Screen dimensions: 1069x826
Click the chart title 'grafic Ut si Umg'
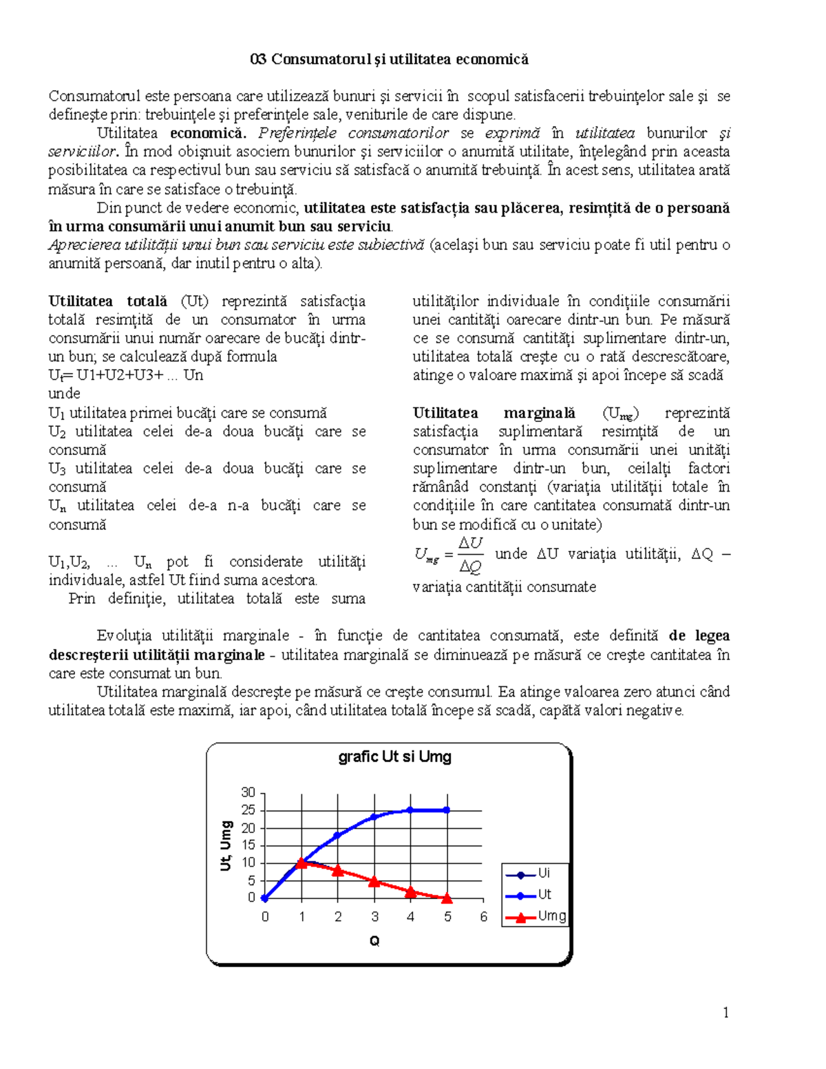click(x=394, y=756)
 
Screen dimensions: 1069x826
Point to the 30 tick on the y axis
click(x=248, y=792)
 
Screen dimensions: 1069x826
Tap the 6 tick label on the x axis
click(x=483, y=916)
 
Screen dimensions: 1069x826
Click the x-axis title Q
click(x=374, y=941)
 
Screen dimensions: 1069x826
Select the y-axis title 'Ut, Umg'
click(x=226, y=845)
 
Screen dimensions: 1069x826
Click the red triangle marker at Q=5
click(x=447, y=898)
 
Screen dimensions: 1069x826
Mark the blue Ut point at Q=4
click(x=410, y=810)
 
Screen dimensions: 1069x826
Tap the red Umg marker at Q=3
click(x=374, y=881)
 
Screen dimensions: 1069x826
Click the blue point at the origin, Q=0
click(x=265, y=898)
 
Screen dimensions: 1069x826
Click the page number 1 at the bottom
click(x=726, y=1012)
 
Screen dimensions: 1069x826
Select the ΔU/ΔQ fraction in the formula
click(x=470, y=555)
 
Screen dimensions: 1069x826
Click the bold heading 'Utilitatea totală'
click(x=107, y=301)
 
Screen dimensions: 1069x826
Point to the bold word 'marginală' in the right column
click(x=539, y=412)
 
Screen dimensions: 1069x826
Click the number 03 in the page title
click(x=258, y=59)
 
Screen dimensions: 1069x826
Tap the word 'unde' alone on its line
click(x=64, y=394)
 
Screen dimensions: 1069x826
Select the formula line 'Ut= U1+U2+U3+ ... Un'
click(x=125, y=375)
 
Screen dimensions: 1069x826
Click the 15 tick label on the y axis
click(x=248, y=845)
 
